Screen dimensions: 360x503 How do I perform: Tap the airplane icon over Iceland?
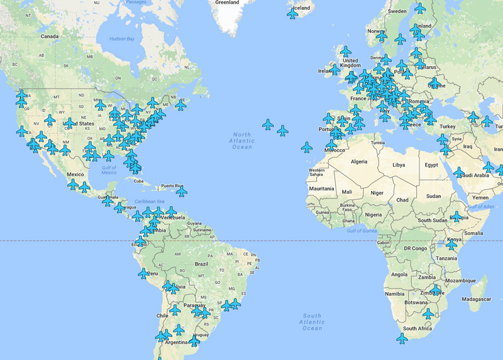(293, 13)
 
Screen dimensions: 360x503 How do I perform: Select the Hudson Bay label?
(122, 39)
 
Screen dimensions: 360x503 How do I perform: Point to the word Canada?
(50, 36)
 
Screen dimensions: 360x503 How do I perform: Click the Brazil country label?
(202, 265)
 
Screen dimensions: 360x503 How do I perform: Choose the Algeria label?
(358, 161)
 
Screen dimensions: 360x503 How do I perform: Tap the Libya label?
(399, 165)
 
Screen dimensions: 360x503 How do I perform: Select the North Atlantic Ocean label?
(242, 141)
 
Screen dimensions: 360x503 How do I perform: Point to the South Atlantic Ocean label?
(312, 322)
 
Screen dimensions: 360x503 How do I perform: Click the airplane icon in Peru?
(144, 273)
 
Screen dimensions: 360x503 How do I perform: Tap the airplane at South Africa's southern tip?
(402, 338)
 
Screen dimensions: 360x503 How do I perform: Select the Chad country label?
(403, 200)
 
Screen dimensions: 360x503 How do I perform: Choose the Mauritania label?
(321, 188)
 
